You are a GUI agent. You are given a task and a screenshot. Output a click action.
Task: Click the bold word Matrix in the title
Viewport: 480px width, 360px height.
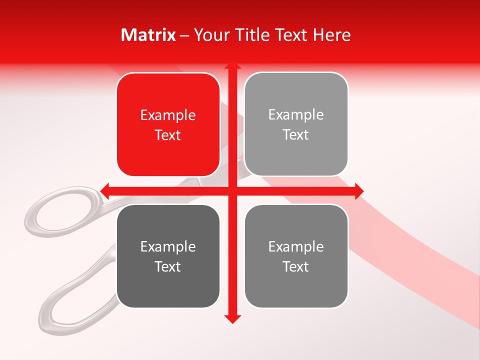(148, 35)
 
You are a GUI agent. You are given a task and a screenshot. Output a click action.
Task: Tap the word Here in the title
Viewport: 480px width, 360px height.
(332, 35)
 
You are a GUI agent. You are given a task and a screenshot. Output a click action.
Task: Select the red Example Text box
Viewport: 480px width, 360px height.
(168, 124)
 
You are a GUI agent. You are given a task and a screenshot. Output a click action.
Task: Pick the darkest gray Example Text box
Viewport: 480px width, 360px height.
(168, 256)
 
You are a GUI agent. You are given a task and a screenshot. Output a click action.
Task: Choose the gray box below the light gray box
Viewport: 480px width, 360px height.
(296, 256)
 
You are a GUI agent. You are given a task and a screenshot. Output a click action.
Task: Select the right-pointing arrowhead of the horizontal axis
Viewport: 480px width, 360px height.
(359, 191)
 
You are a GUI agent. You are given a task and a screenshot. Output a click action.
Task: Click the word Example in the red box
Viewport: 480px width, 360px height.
(168, 115)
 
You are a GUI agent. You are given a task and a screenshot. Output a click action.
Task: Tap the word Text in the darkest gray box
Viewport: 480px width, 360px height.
(168, 266)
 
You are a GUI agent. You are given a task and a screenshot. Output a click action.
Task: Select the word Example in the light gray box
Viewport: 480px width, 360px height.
(296, 114)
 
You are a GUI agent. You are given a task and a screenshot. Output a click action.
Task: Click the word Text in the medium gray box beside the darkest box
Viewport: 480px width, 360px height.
(296, 266)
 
